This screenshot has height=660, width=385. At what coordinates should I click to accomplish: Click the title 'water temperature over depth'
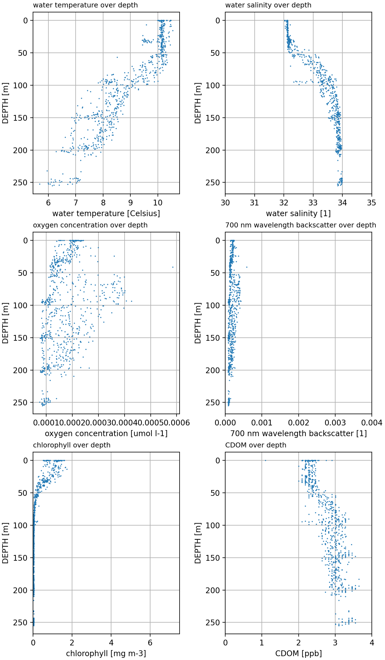(85, 5)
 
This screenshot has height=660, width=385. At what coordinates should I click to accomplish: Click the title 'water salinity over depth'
(268, 5)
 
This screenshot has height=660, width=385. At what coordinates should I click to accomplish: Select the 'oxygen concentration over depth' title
(90, 225)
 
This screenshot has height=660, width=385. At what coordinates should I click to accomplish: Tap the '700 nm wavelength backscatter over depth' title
(301, 225)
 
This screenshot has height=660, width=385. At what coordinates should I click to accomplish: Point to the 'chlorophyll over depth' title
(71, 445)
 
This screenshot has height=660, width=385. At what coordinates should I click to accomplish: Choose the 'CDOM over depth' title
(256, 445)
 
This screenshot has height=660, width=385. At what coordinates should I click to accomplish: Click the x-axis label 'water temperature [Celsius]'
(106, 214)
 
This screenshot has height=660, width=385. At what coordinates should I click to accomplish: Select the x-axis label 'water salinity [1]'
(298, 214)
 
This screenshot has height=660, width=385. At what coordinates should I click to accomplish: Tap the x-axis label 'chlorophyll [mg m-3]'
(106, 654)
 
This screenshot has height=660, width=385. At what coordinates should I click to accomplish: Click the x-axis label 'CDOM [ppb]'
(298, 654)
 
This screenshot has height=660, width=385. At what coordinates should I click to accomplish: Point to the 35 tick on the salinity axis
(372, 203)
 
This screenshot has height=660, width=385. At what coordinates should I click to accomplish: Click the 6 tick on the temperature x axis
(48, 203)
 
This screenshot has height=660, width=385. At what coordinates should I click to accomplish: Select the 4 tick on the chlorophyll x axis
(111, 643)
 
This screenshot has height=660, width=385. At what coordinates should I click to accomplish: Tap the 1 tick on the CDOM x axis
(262, 643)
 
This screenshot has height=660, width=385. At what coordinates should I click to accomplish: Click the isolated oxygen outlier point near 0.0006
(173, 267)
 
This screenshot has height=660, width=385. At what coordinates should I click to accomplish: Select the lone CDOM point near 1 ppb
(265, 460)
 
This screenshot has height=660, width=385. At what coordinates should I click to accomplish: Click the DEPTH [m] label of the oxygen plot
(5, 323)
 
